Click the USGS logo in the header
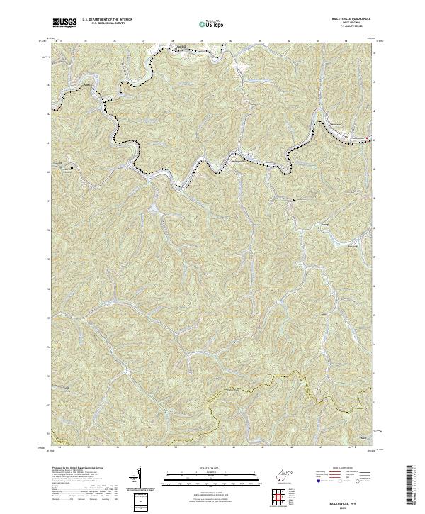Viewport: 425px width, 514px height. [x=64, y=23]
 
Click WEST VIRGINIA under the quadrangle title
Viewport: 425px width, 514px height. [x=350, y=24]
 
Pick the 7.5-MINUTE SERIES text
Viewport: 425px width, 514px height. [x=350, y=28]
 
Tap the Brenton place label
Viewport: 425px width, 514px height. [x=336, y=125]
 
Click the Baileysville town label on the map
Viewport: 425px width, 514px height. [x=242, y=160]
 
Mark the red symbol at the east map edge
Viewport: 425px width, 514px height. [x=368, y=138]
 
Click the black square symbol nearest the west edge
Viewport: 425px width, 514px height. [x=71, y=167]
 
